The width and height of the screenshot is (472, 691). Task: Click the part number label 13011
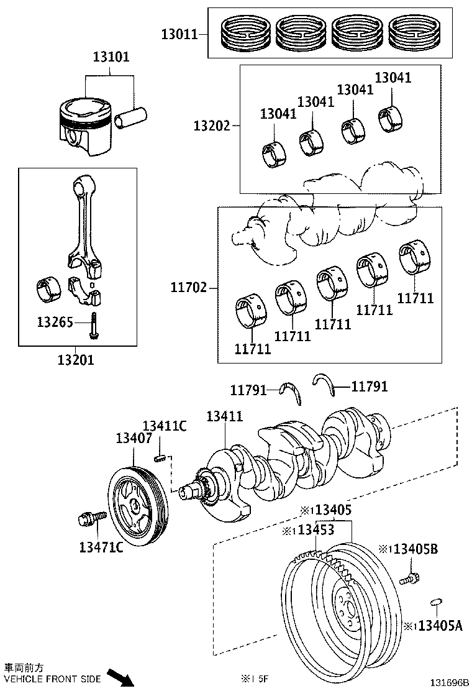point(179,34)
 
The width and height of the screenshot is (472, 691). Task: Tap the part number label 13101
point(111,57)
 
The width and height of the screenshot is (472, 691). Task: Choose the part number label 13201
point(76,359)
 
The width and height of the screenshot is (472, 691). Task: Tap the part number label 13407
point(134,438)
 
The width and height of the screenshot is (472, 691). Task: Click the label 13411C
point(165,426)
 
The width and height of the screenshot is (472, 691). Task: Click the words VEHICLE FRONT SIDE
point(52,679)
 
